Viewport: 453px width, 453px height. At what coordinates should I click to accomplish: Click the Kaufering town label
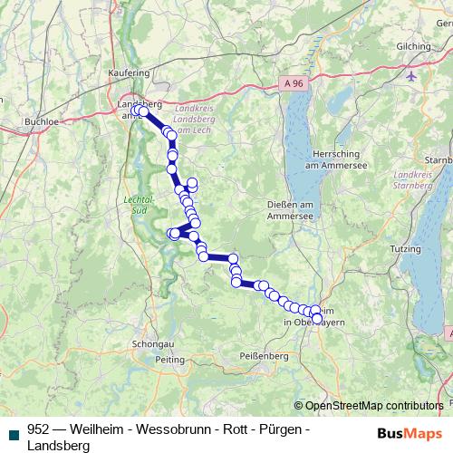pyautogui.click(x=129, y=71)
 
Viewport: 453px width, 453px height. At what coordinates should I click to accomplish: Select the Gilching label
pyautogui.click(x=413, y=46)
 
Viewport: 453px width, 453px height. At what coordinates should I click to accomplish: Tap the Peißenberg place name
pyautogui.click(x=262, y=356)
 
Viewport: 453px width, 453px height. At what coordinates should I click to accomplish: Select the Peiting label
pyautogui.click(x=170, y=360)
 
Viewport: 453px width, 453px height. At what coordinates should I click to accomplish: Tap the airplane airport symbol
pyautogui.click(x=414, y=74)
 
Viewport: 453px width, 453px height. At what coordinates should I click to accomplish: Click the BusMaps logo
pyautogui.click(x=406, y=434)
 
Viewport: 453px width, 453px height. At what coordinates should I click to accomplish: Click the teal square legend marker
pyautogui.click(x=14, y=431)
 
